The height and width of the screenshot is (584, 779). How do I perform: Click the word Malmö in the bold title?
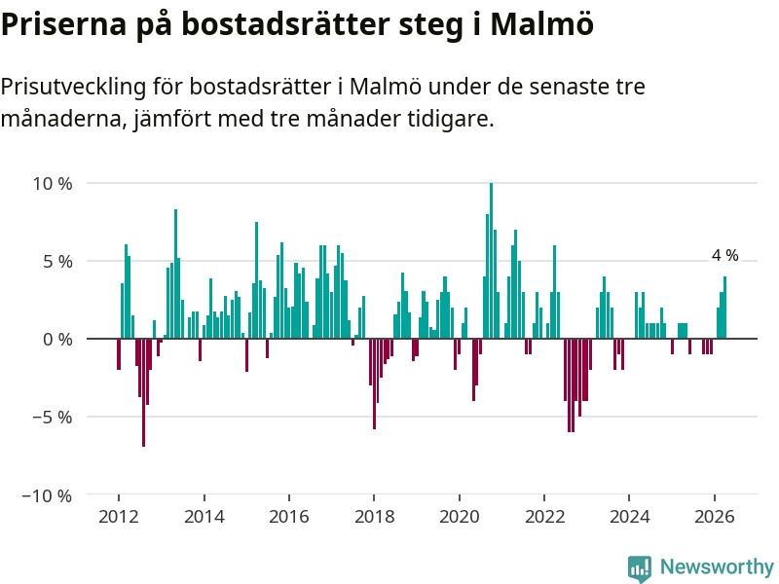tap(542, 23)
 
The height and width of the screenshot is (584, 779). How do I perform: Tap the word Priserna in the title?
tap(64, 23)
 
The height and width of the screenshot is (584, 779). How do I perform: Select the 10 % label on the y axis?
tap(53, 184)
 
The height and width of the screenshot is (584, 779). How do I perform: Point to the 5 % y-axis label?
tap(57, 261)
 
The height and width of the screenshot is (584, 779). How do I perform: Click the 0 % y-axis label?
tap(57, 339)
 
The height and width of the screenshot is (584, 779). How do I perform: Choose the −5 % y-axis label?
tap(53, 418)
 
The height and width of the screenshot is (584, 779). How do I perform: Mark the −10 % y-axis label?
tap(47, 495)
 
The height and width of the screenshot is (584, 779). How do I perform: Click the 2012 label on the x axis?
tap(119, 517)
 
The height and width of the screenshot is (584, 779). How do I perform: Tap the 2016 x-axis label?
tap(289, 517)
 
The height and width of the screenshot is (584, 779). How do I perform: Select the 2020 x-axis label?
tap(460, 517)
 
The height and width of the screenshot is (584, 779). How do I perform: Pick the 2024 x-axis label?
tap(629, 517)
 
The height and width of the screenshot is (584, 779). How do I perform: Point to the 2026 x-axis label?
tap(715, 517)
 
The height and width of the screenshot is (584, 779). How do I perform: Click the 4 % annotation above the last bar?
tap(724, 255)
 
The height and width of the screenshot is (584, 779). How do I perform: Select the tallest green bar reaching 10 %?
tap(492, 261)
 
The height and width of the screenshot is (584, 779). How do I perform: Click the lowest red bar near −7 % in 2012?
tap(143, 393)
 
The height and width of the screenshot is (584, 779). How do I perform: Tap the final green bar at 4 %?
tap(724, 308)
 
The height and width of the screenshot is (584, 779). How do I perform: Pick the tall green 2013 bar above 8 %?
tap(175, 274)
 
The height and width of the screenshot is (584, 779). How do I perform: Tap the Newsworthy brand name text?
tap(717, 566)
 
